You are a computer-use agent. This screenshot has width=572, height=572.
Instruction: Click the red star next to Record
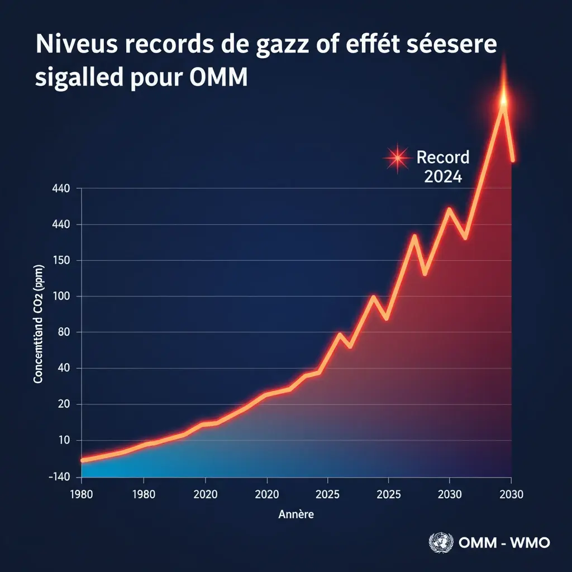pyautogui.click(x=397, y=158)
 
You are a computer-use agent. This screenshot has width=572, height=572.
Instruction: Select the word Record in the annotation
pyautogui.click(x=443, y=158)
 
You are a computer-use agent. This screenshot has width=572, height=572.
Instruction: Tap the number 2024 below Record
pyautogui.click(x=443, y=177)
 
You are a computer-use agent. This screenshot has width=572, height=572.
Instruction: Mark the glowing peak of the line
pyautogui.click(x=503, y=101)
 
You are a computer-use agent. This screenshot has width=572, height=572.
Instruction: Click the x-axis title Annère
pyautogui.click(x=295, y=514)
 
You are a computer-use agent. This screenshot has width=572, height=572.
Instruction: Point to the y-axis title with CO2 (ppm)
pyautogui.click(x=39, y=330)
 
